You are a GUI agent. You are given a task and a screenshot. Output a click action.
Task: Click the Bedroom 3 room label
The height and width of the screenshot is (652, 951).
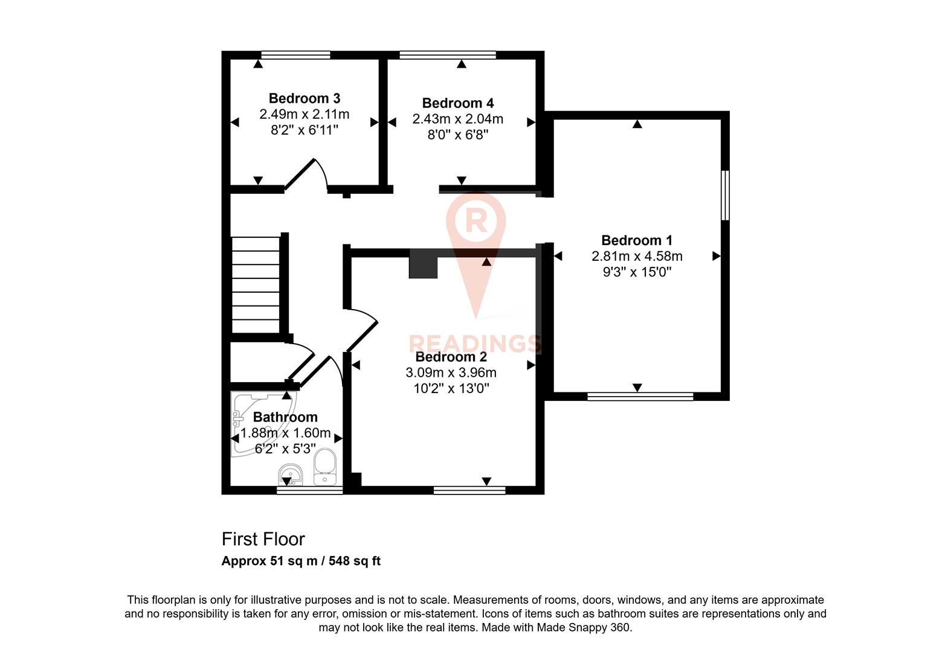click(304, 98)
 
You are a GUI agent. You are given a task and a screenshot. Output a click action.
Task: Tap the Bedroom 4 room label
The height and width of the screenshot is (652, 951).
click(457, 103)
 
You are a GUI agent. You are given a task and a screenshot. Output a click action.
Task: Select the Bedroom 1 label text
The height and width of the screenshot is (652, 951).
click(637, 240)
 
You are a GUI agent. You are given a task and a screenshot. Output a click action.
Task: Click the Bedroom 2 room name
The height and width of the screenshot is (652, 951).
click(451, 357)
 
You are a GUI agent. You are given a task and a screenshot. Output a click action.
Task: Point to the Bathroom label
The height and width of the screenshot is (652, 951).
click(285, 417)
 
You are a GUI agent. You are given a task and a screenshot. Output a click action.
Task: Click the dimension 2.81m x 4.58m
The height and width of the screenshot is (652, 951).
click(637, 256)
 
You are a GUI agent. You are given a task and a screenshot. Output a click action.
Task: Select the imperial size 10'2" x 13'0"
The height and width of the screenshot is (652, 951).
click(451, 388)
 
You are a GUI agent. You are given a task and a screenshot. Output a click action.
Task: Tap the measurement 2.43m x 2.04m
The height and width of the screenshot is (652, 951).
click(457, 119)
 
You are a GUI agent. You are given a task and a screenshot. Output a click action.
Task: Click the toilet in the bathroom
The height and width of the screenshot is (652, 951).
click(325, 466)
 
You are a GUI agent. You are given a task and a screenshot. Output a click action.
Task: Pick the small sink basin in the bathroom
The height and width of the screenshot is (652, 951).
click(291, 475)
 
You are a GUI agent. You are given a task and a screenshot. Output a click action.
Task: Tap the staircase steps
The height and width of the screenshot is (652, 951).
click(256, 284)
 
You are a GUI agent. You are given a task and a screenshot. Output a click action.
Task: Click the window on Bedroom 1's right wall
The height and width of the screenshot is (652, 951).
click(725, 195)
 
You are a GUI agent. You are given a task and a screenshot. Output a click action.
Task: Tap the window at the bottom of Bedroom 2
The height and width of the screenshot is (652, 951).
click(469, 490)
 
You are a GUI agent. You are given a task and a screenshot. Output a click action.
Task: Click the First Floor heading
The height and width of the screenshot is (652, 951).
click(263, 539)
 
